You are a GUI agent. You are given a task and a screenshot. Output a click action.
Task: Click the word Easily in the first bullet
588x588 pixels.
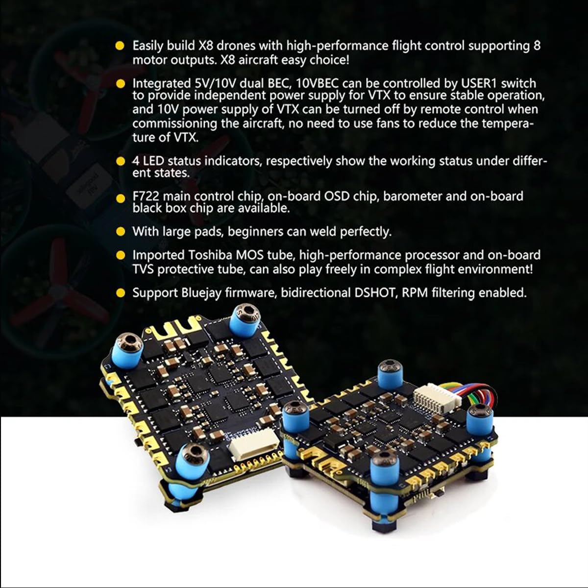(147, 46)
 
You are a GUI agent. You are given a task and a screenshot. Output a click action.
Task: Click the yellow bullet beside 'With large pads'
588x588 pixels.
(121, 232)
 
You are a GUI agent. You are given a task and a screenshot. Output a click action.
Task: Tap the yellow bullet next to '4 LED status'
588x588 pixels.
(121, 161)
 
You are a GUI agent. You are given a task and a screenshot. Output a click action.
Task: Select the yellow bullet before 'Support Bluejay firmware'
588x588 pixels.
(121, 293)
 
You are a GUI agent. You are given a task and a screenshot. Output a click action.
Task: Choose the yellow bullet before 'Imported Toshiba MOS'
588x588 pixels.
(121, 255)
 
